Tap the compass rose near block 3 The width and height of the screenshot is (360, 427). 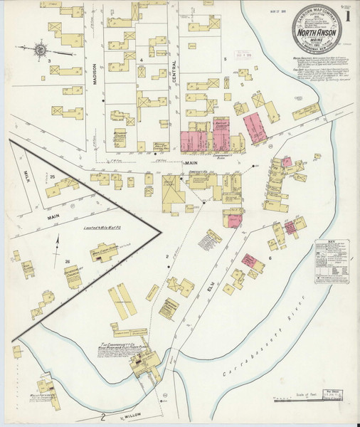pos(41,49)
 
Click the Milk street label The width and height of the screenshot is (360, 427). pos(24,175)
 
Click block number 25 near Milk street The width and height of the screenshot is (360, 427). pos(52,176)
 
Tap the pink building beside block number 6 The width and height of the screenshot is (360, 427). pos(249,260)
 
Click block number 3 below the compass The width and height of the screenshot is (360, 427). pos(48,62)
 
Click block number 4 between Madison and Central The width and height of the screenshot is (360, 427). pos(142,60)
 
